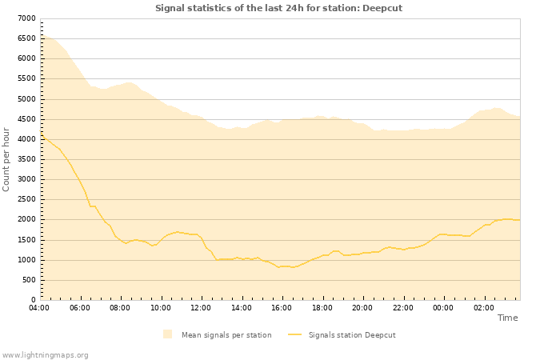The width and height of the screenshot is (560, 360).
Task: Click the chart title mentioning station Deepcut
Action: (278, 8)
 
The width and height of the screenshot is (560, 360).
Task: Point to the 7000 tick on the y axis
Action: (26, 18)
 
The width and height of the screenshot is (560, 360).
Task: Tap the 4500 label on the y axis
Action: (26, 119)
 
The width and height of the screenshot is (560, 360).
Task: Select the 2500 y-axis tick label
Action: (26, 200)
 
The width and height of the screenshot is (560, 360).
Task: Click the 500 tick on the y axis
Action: (29, 280)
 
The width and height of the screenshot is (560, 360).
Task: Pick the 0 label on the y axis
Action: (33, 300)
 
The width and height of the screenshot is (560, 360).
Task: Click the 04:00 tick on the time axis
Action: (39, 307)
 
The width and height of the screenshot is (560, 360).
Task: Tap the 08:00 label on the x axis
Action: (120, 307)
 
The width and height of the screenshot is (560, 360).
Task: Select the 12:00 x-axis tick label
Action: (201, 307)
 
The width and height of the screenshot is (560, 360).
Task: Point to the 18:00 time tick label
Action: (322, 307)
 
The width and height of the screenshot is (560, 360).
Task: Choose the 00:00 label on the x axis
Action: (443, 307)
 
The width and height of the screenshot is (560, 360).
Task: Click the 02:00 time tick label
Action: (484, 307)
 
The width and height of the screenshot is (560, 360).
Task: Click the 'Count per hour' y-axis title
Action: (7, 159)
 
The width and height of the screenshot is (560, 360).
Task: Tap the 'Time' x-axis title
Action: (507, 318)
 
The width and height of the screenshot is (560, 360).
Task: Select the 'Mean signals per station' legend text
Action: (226, 335)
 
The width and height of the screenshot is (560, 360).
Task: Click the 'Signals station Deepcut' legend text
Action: (352, 335)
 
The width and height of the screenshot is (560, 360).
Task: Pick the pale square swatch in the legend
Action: (167, 334)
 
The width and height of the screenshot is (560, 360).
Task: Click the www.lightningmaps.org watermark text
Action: (46, 354)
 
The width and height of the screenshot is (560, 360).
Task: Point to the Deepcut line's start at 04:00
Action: (40, 137)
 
